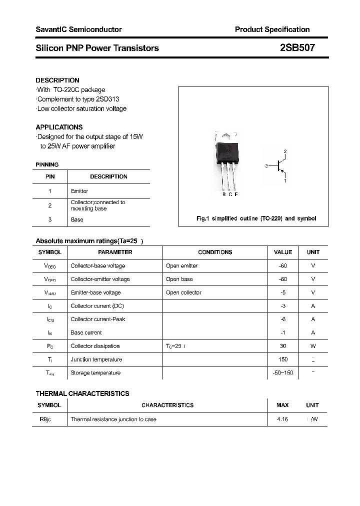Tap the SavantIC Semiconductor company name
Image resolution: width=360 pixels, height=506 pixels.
[78, 29]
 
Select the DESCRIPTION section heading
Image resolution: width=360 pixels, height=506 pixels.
[57, 80]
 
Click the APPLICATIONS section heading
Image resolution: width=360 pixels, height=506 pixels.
[59, 127]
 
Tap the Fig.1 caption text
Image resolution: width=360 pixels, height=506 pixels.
[255, 218]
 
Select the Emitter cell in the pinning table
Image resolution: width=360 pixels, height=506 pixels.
[79, 191]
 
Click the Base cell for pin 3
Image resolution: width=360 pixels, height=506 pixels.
[77, 219]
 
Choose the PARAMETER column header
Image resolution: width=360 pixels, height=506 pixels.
[115, 252]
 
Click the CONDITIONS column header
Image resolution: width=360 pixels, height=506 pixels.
[215, 252]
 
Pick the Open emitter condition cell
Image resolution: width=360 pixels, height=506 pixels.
[182, 265]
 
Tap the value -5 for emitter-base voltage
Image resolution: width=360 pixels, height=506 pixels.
[283, 292]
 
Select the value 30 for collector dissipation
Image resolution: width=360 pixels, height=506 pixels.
[283, 346]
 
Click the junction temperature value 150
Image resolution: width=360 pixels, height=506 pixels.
[283, 359]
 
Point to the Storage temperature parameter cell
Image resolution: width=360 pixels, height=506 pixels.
[95, 373]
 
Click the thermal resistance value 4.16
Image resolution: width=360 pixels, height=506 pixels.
[282, 419]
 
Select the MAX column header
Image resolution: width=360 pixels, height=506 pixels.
[282, 405]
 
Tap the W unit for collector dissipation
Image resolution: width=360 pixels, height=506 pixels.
[313, 346]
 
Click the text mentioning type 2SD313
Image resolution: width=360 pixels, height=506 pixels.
[78, 99]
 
